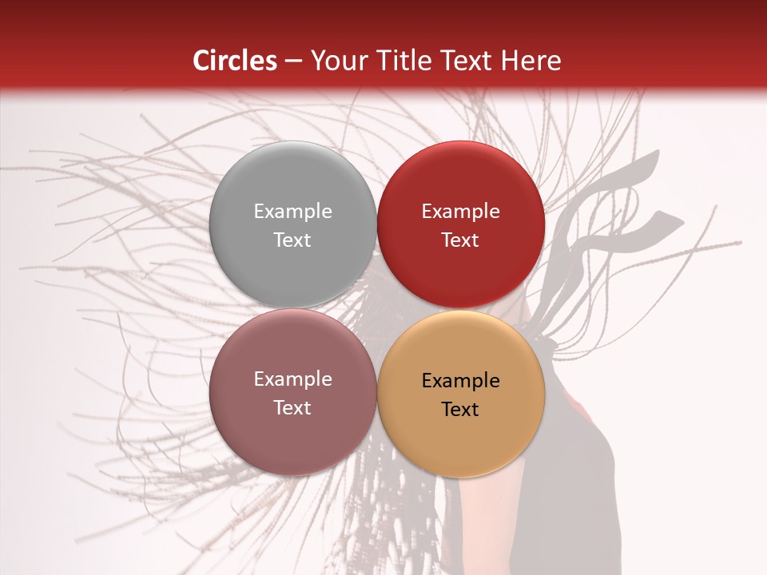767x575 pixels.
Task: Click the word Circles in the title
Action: [x=234, y=61]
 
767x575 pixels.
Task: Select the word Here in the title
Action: [x=532, y=61]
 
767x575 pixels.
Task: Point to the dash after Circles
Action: [x=292, y=61]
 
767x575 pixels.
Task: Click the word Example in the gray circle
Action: [x=292, y=211]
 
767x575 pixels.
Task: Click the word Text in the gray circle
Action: [x=292, y=240]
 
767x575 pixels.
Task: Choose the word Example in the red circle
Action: [x=460, y=211]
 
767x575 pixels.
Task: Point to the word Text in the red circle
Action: [x=460, y=240]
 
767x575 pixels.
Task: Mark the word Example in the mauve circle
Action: [x=292, y=379]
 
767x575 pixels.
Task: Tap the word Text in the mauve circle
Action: [x=292, y=407]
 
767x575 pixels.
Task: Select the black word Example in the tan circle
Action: [x=460, y=380]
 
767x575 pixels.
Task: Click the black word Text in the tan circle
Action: [x=460, y=409]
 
